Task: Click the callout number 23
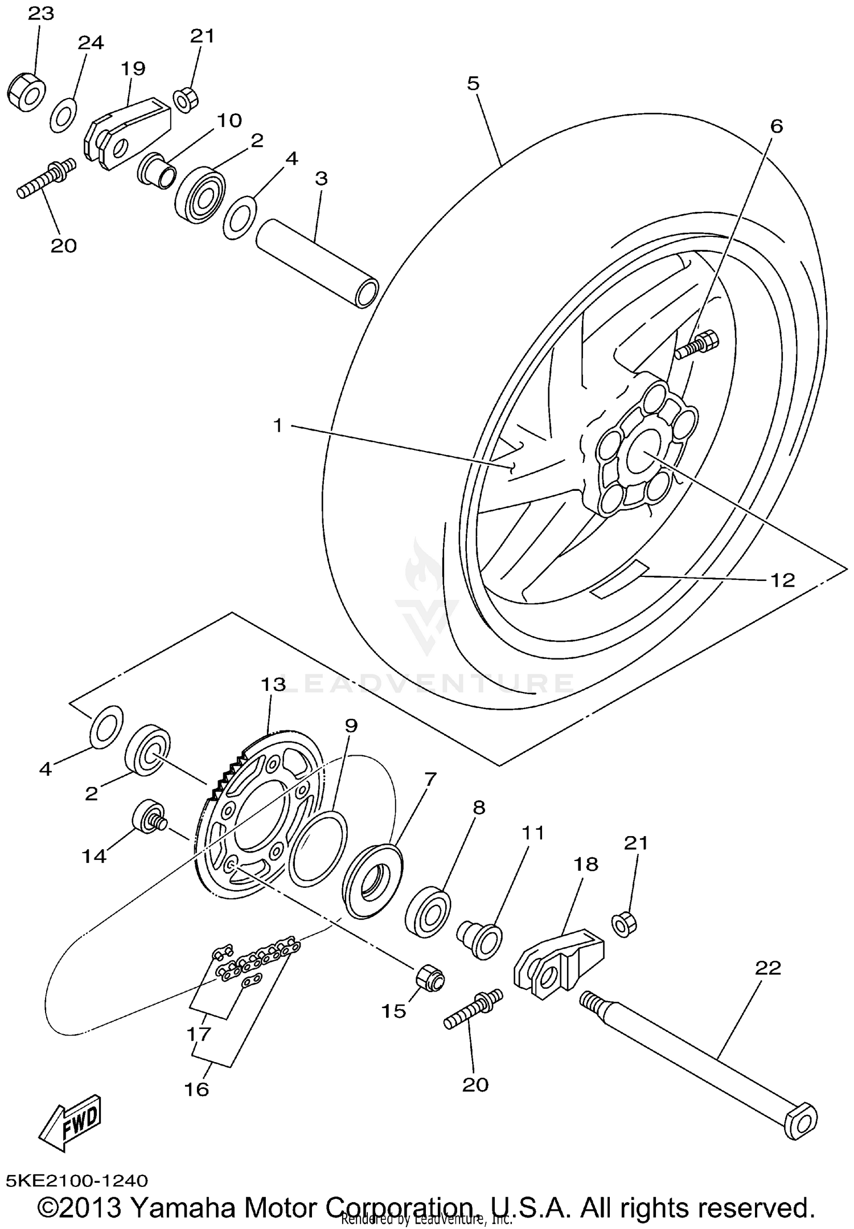[x=40, y=13]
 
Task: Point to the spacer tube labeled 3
[x=317, y=264]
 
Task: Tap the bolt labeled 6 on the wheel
[x=697, y=345]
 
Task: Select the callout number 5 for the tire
[x=473, y=84]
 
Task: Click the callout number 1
[x=278, y=425]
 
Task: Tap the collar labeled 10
[x=157, y=169]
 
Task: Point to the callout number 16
[x=197, y=1089]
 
